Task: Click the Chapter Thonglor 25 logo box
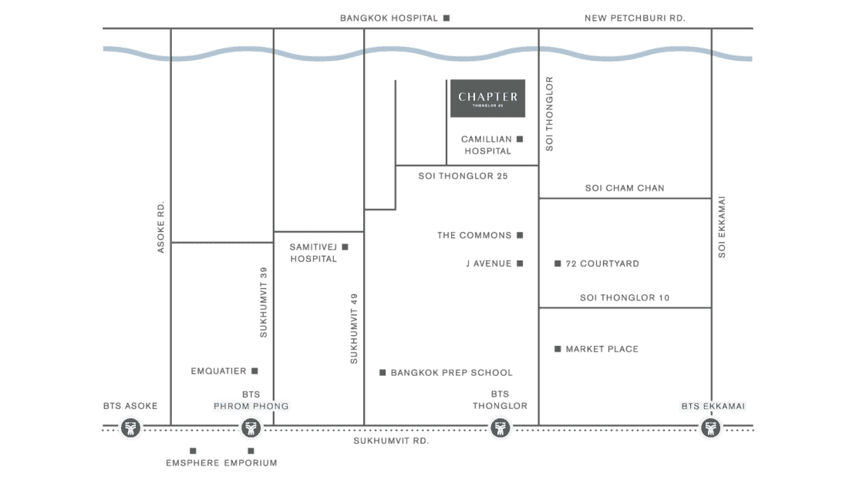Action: (487, 98)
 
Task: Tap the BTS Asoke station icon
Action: (130, 428)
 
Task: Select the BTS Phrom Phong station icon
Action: (251, 428)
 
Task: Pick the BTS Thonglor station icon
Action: (500, 428)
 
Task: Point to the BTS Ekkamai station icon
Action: (711, 428)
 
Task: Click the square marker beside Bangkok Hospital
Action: (447, 18)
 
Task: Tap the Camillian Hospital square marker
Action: (520, 139)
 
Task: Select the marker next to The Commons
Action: (520, 235)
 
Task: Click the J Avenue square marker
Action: (520, 263)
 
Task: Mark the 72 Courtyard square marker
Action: (558, 263)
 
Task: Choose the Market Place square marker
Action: (558, 348)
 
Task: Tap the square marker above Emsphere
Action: (193, 451)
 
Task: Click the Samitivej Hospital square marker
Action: (345, 247)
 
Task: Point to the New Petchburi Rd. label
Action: (635, 18)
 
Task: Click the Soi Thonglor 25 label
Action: (463, 176)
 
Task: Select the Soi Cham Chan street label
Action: (625, 188)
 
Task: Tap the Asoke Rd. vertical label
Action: (160, 227)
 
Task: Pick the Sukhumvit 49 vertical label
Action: (354, 328)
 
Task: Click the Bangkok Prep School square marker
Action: (383, 373)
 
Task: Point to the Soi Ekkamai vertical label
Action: (722, 227)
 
